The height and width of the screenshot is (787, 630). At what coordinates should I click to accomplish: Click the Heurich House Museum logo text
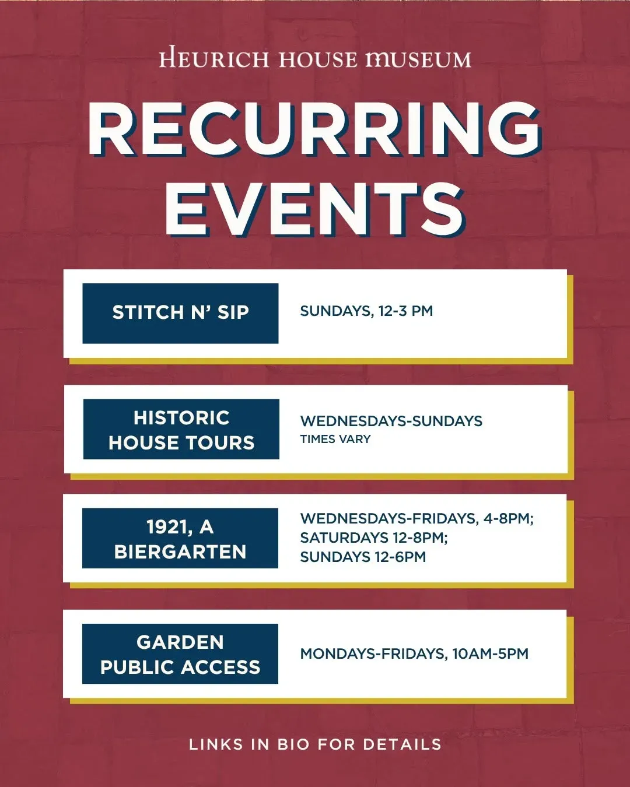click(x=315, y=57)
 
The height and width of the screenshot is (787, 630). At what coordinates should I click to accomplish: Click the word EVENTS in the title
click(x=315, y=209)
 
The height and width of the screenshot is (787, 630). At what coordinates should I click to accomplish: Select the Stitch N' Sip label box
click(x=180, y=314)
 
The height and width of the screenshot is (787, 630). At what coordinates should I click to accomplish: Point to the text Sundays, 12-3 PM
click(x=366, y=311)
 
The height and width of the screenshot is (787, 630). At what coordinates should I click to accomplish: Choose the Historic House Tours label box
click(x=181, y=429)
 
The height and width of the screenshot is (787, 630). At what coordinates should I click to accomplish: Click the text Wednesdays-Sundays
click(x=391, y=421)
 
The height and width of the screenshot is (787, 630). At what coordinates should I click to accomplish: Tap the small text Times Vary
click(x=335, y=439)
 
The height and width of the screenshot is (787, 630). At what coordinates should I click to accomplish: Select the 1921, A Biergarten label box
click(x=180, y=538)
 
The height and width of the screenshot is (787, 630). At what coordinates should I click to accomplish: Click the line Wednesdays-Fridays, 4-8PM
click(x=417, y=519)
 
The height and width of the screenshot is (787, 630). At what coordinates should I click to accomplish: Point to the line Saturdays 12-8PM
click(x=374, y=537)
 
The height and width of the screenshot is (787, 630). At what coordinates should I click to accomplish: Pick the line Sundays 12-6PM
click(x=363, y=557)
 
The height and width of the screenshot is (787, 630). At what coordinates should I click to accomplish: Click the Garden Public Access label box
click(x=180, y=654)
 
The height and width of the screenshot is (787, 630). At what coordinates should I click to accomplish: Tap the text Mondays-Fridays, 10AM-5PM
click(x=414, y=654)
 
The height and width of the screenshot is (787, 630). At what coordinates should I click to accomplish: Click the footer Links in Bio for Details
click(x=315, y=744)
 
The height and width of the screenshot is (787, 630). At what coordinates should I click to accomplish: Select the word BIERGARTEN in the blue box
click(x=180, y=551)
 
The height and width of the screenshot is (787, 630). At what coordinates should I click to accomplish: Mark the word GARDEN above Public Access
click(x=180, y=642)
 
